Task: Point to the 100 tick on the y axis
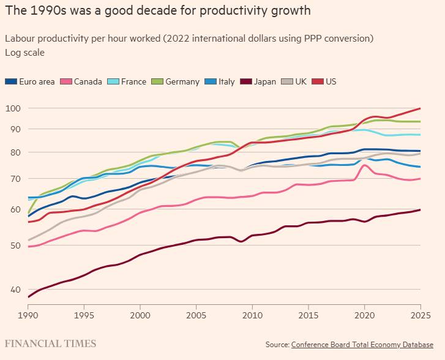tap(12, 108)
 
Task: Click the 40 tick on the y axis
tap(14, 290)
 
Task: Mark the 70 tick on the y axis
tap(14, 179)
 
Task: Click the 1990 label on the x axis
tap(28, 314)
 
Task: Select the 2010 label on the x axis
tap(252, 314)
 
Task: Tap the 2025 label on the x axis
tap(420, 314)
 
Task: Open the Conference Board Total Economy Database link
tap(362, 345)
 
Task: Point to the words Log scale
tap(24, 53)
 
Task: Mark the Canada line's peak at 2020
tap(365, 165)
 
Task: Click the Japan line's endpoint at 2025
tap(421, 209)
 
